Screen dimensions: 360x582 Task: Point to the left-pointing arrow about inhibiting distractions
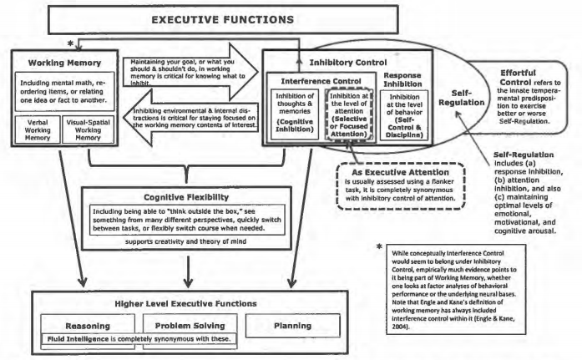point(186,114)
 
